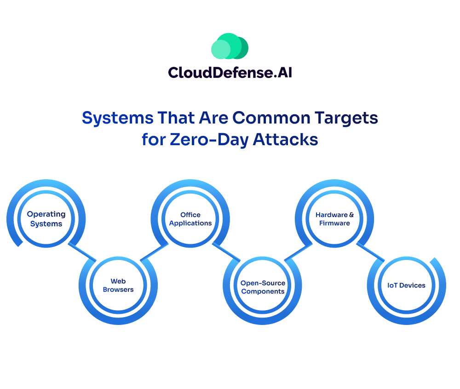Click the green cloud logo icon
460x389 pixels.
(230, 46)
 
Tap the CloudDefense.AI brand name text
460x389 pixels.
(230, 72)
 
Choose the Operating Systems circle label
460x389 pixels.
(46, 218)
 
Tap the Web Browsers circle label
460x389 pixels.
(118, 285)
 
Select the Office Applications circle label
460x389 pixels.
(190, 218)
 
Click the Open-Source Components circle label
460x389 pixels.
(263, 287)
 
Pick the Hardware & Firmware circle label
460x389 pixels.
(334, 218)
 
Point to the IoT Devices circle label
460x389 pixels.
(406, 285)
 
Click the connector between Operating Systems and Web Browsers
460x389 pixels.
(82, 253)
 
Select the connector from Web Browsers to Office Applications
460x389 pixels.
(154, 253)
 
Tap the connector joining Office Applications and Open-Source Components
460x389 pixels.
(226, 253)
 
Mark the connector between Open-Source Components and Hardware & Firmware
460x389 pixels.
(299, 253)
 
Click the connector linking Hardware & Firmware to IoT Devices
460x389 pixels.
(370, 253)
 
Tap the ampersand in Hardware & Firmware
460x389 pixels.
(351, 215)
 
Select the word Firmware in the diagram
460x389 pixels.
(334, 223)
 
